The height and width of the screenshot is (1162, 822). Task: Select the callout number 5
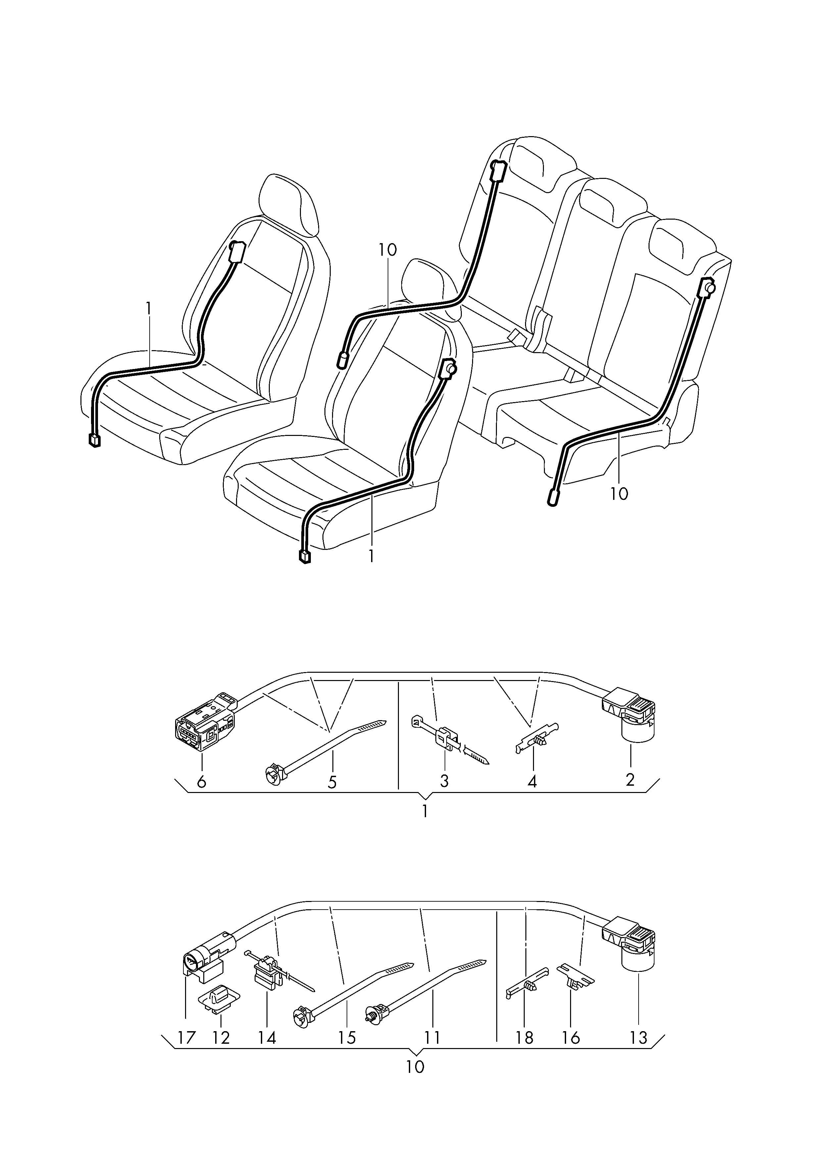pos(332,782)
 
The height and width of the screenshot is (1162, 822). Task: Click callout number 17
pos(186,1038)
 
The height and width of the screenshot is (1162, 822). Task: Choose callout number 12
pos(221,1038)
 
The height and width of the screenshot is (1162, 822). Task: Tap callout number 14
pos(267,1038)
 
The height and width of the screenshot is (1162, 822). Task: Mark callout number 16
pos(571,1038)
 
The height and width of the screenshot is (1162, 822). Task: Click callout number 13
pos(639,1038)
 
